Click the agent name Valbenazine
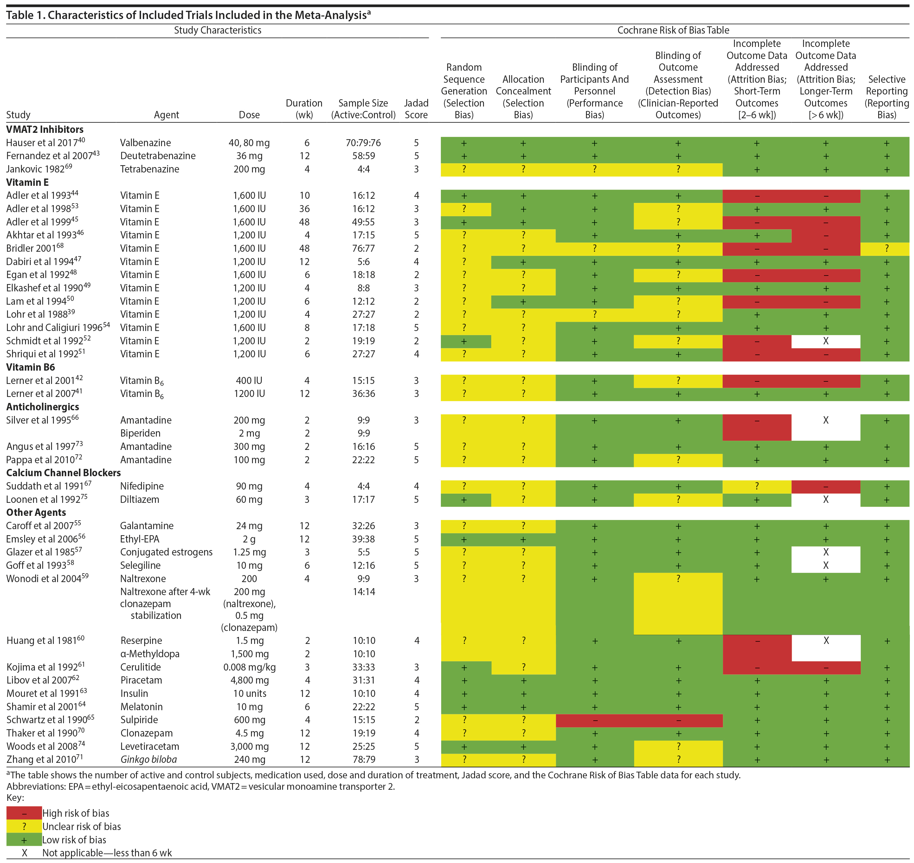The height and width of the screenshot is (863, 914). pos(145,143)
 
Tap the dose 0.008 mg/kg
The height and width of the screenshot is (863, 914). pos(249,667)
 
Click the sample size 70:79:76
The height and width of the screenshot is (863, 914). pos(363,143)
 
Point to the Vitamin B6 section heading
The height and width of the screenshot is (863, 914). pos(30,367)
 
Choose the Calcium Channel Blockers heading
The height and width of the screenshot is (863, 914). pos(63,472)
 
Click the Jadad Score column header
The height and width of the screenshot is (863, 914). pos(416,109)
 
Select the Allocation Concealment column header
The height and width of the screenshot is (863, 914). pos(523,97)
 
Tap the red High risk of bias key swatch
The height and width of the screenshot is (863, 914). pos(24,813)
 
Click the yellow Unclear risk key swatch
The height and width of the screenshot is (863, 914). pos(24,827)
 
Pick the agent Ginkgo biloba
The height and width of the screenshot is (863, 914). pos(149,760)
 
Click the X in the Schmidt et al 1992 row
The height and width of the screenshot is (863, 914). pos(826,341)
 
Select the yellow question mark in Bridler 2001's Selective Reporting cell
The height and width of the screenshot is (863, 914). pos(886,249)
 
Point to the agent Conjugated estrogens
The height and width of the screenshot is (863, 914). pos(166,552)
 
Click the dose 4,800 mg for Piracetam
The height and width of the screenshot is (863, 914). pos(249,680)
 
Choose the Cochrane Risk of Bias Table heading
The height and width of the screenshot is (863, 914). pos(673,30)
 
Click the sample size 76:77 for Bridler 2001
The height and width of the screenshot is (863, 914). pos(363,249)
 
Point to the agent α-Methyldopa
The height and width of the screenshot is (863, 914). pos(150,654)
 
